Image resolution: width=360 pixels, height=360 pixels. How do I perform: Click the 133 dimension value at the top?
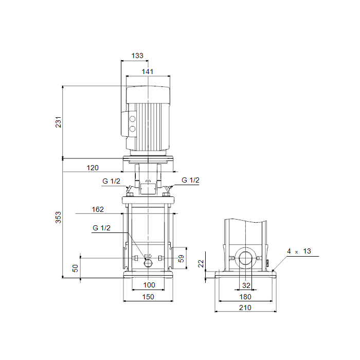[x=137, y=56]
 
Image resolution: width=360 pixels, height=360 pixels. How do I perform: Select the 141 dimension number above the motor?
[x=148, y=71]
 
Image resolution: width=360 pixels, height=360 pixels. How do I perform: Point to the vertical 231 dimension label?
[x=58, y=122]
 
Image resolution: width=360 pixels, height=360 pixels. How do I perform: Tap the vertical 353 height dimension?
[x=58, y=217]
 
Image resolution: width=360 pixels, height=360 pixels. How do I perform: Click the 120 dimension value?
[x=93, y=168]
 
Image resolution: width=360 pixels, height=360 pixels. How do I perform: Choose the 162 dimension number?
[x=98, y=209]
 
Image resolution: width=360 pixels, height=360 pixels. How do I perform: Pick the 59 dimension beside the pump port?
[x=181, y=259]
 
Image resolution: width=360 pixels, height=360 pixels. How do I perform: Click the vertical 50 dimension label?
[x=75, y=268]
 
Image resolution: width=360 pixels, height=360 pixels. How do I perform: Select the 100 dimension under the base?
[x=149, y=285]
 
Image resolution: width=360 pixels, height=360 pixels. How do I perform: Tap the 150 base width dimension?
[x=148, y=297]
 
